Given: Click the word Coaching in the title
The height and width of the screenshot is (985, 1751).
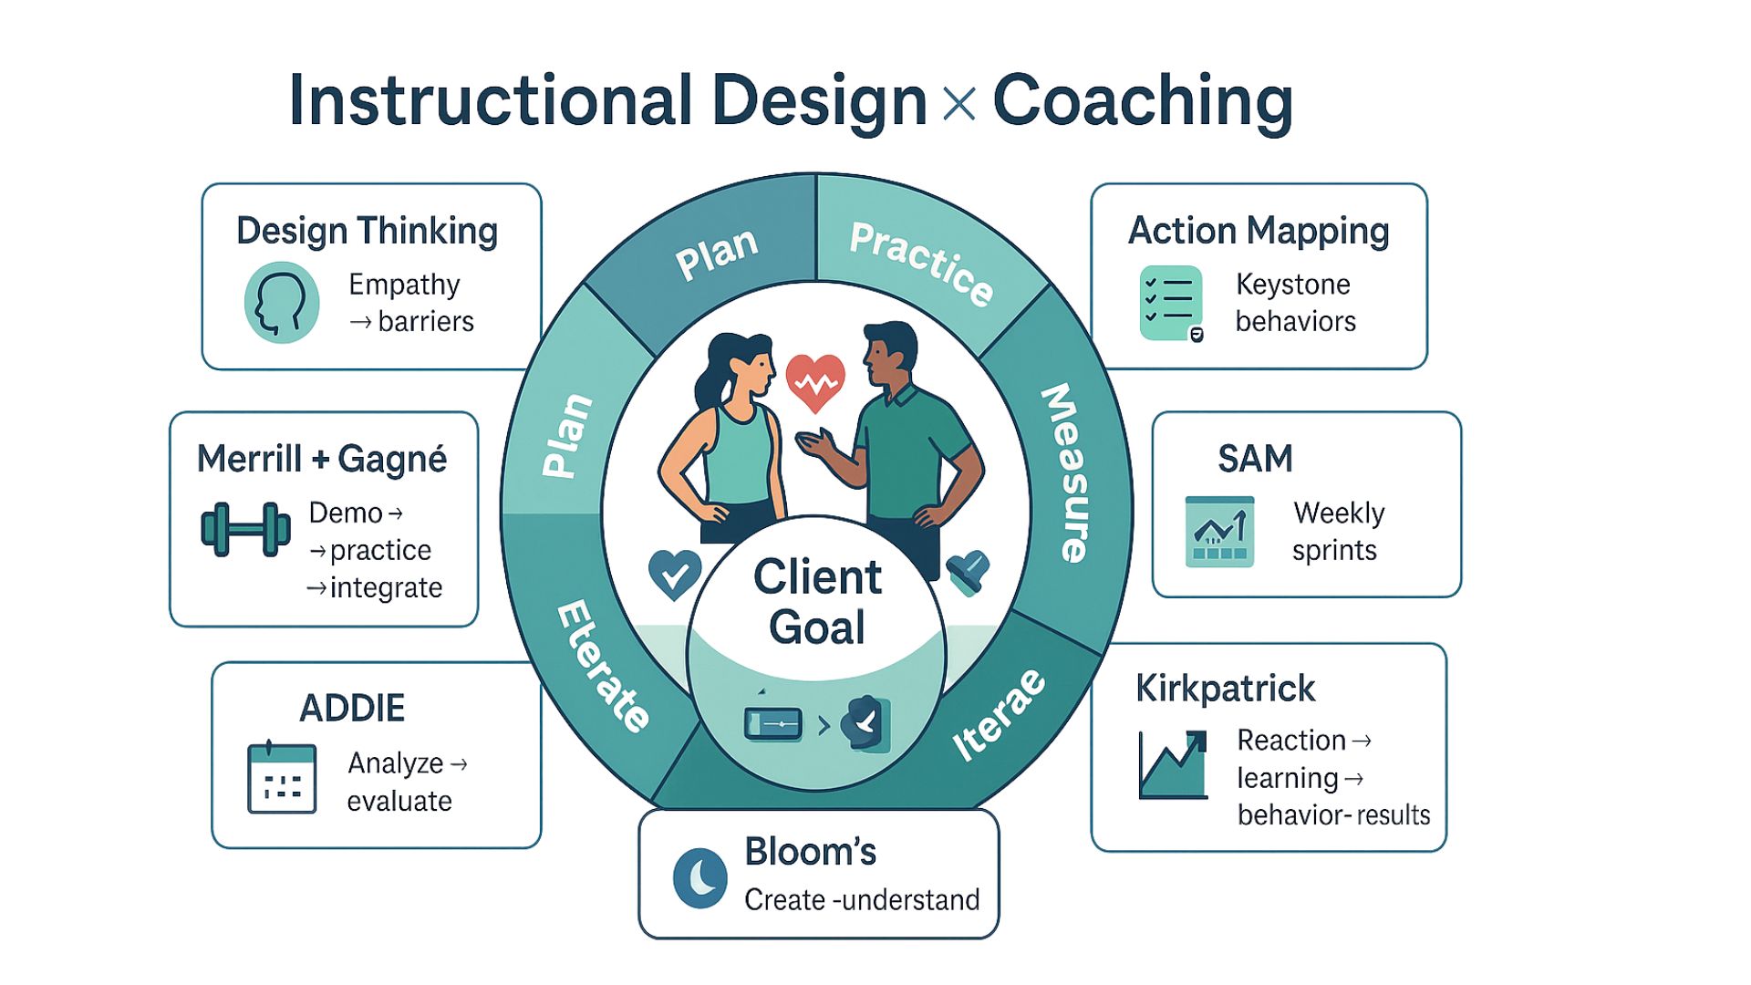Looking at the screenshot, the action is [1143, 102].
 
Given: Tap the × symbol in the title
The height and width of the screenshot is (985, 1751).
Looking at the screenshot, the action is [958, 103].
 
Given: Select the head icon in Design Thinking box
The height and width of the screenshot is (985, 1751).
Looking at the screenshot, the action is [282, 302].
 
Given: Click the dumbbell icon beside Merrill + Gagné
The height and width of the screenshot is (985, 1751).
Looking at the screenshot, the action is [245, 529].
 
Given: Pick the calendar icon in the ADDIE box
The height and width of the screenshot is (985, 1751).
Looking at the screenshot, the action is [282, 777].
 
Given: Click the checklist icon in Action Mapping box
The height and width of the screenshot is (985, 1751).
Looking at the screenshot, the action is [1172, 304].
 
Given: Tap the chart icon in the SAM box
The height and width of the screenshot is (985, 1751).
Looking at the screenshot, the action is [1219, 532].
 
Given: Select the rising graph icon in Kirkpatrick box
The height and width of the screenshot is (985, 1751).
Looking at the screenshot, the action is [1174, 764].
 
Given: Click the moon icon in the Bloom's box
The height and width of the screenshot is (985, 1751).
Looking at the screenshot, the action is [699, 877].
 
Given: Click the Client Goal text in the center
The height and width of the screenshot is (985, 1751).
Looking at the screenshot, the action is [817, 602].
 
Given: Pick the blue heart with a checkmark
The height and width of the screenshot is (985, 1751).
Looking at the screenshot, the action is [675, 575].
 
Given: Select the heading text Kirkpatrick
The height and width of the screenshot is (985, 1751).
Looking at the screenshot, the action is [1226, 689].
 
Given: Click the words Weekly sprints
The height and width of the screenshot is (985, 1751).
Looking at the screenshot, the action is [1338, 532].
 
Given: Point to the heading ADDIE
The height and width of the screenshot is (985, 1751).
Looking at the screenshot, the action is [352, 709].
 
